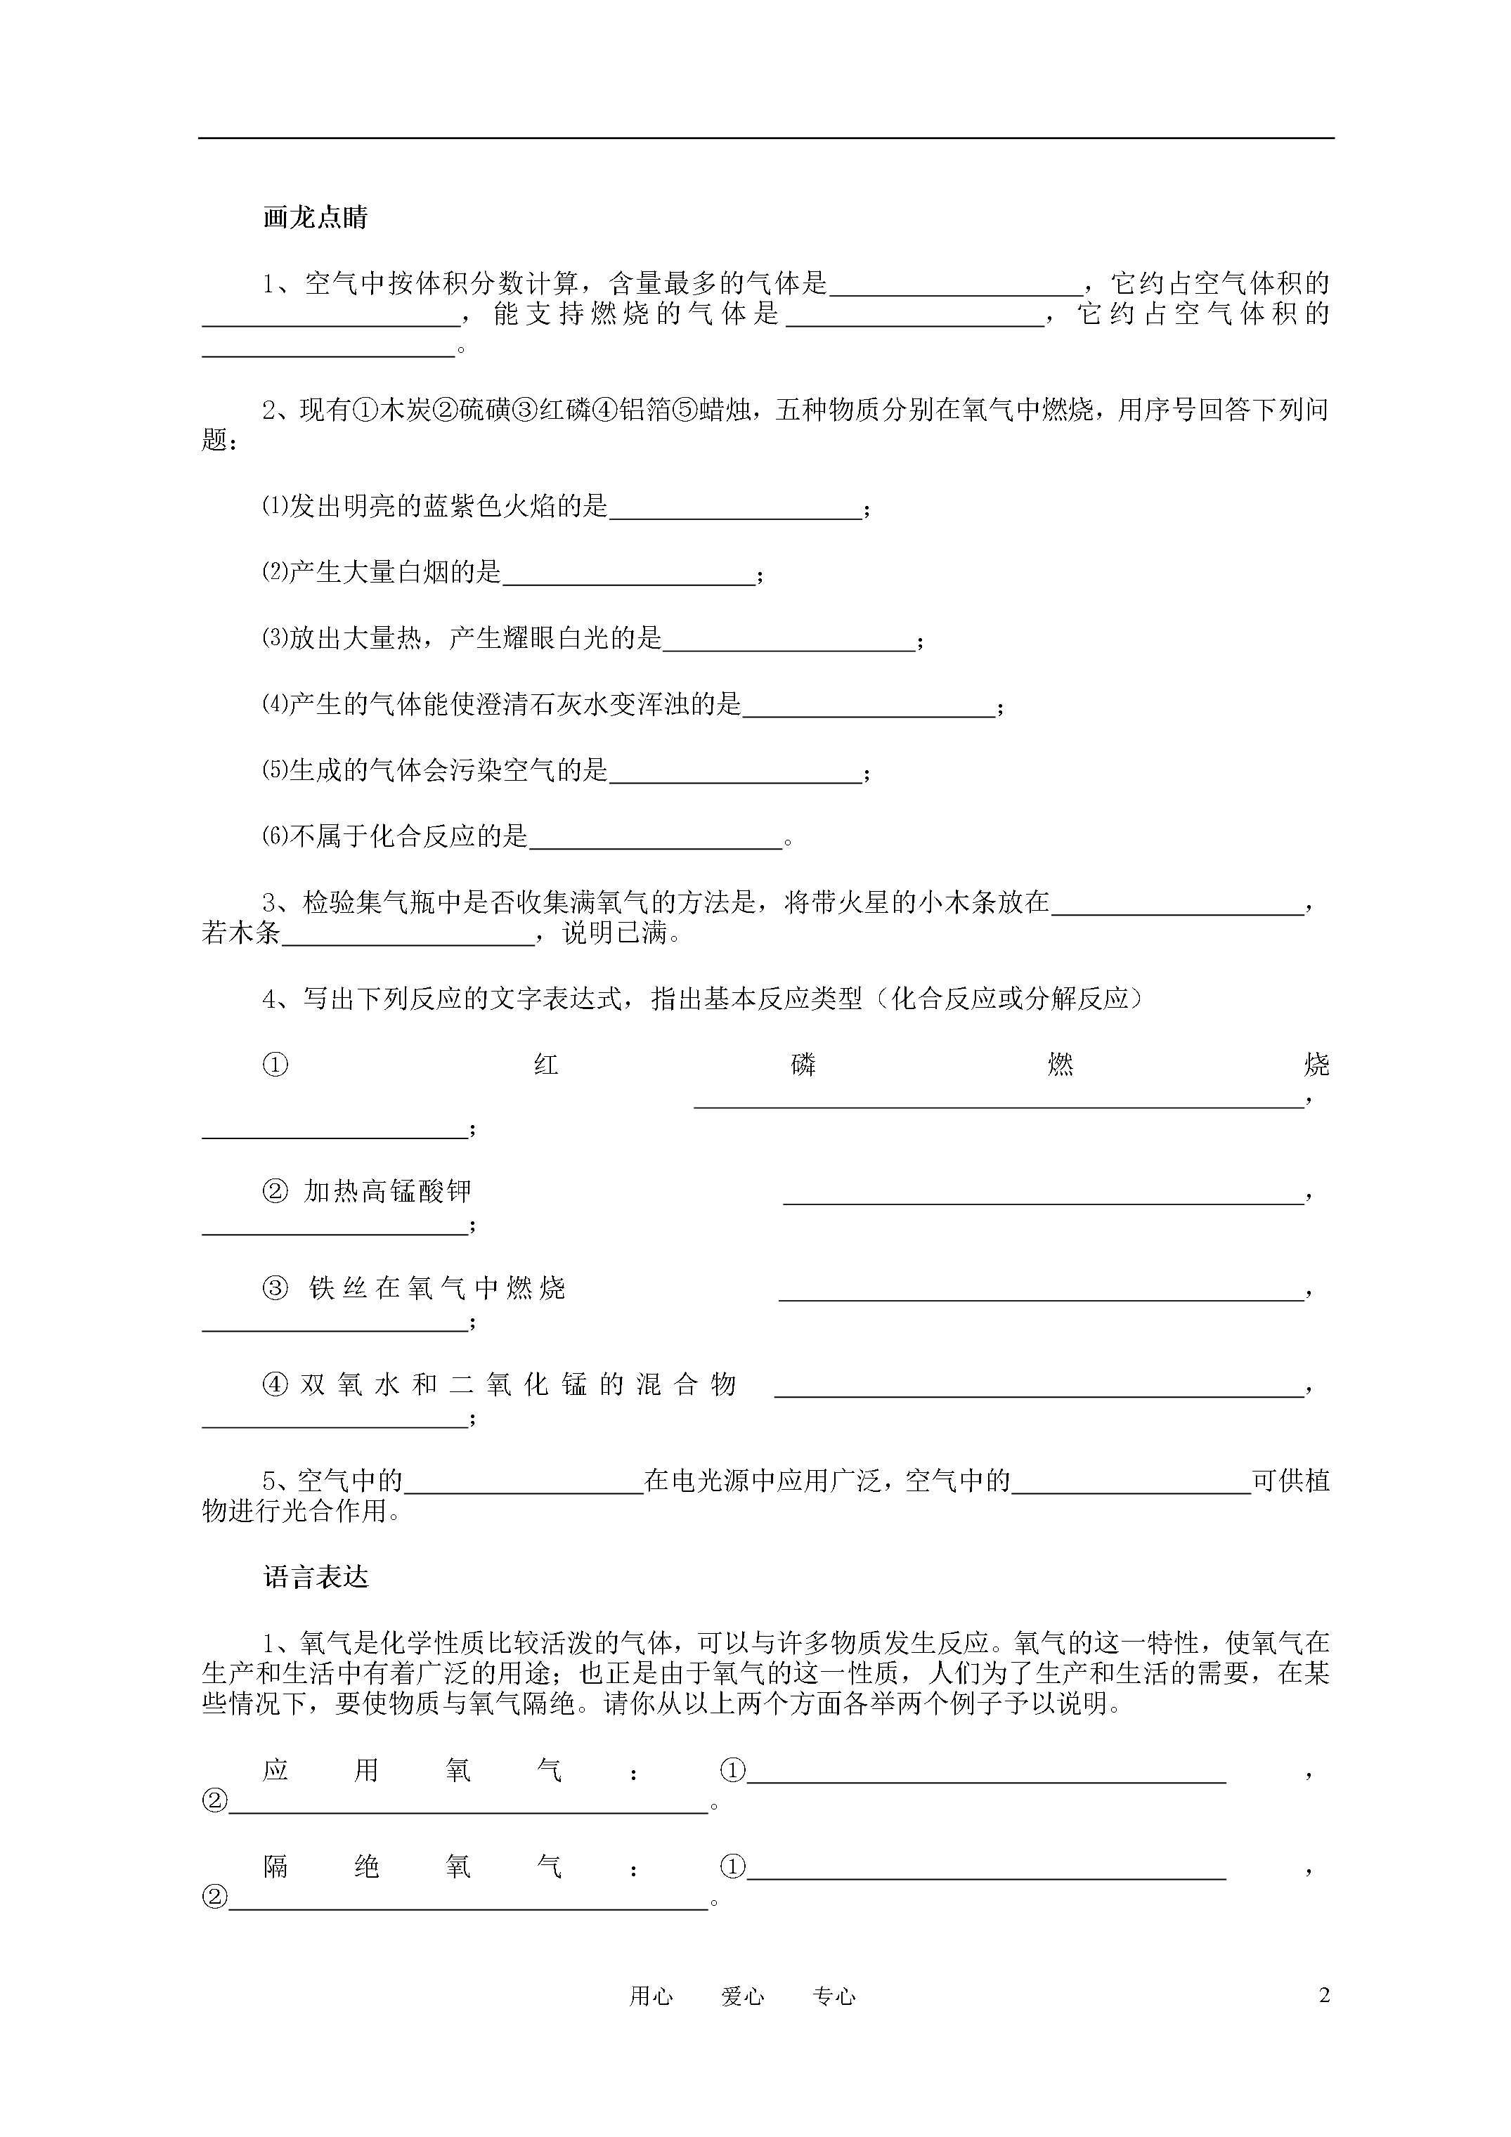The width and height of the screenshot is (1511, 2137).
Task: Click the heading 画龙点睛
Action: pos(316,218)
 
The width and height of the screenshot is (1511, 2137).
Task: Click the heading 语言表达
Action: pos(316,1577)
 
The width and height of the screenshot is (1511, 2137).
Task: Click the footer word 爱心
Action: pos(743,1996)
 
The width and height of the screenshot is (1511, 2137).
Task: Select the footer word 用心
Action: pos(651,1996)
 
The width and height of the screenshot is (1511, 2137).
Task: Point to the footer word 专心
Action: pos(834,1996)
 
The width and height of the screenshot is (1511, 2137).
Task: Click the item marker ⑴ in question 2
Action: pos(275,507)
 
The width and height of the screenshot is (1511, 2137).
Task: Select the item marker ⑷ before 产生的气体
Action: pos(275,705)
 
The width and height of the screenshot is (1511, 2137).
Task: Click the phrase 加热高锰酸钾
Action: pos(388,1191)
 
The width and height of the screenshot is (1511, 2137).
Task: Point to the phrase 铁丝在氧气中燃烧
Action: pos(438,1288)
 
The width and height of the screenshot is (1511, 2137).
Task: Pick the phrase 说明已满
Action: pos(614,933)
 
